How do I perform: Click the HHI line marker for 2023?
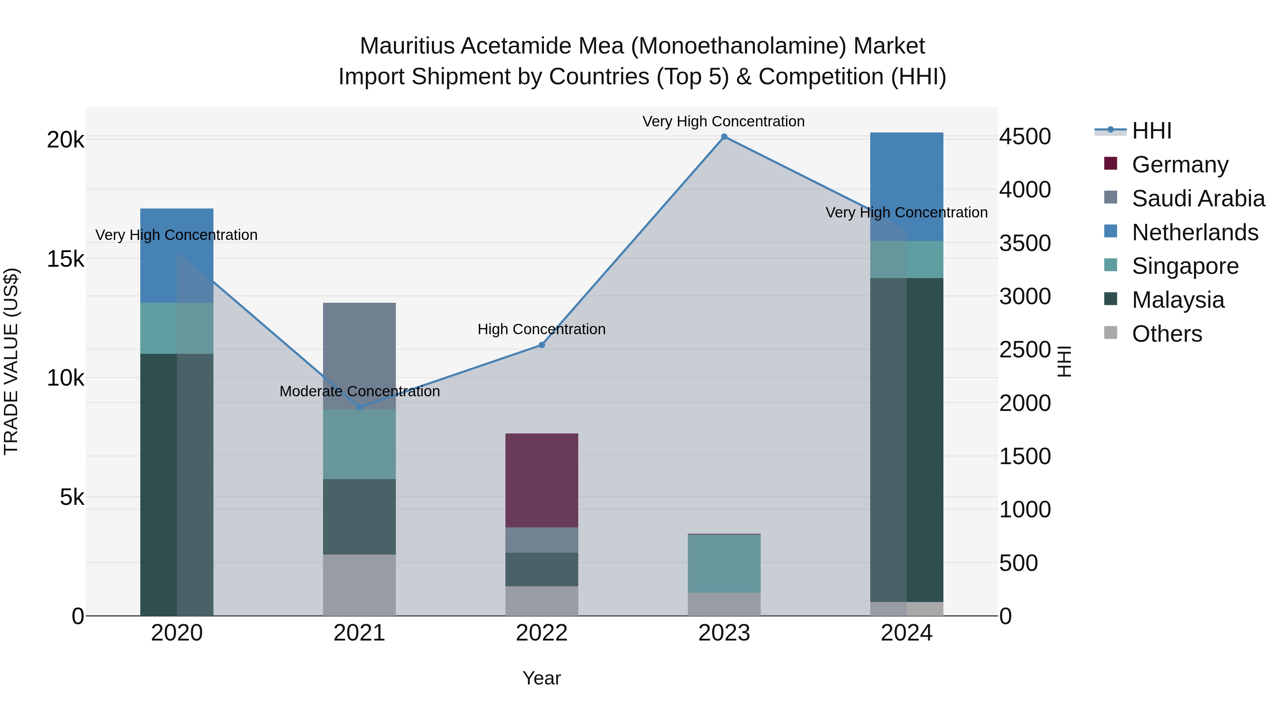pyautogui.click(x=724, y=137)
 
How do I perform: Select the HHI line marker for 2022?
pyautogui.click(x=542, y=345)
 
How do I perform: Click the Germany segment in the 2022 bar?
pyautogui.click(x=542, y=480)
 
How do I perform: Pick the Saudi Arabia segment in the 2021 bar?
pyautogui.click(x=359, y=355)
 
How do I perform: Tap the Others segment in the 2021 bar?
pyautogui.click(x=359, y=585)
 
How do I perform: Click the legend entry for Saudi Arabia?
pyautogui.click(x=1198, y=199)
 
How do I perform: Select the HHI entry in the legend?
pyautogui.click(x=1151, y=131)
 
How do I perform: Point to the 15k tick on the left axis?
pyautogui.click(x=65, y=259)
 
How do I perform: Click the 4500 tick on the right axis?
pyautogui.click(x=1024, y=137)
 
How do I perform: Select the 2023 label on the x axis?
pyautogui.click(x=724, y=633)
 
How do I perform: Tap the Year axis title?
pyautogui.click(x=542, y=678)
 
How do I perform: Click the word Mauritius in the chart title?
pyautogui.click(x=407, y=46)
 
